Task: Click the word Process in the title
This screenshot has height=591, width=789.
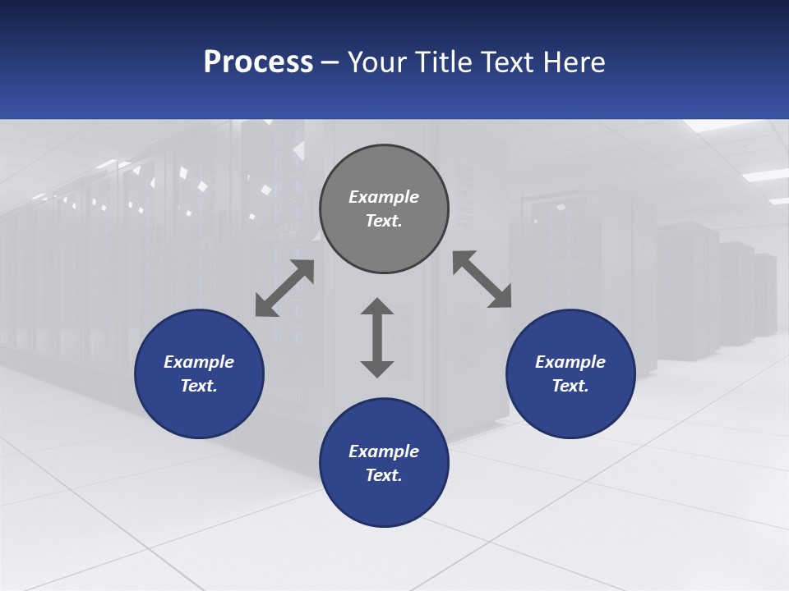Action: click(x=258, y=62)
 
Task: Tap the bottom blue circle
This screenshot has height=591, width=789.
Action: click(x=384, y=501)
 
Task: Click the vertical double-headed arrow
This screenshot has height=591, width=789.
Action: click(x=377, y=337)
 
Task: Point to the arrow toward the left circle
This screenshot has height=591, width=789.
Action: click(x=284, y=288)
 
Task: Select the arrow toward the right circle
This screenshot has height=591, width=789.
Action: click(x=482, y=279)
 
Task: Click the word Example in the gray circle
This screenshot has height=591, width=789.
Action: click(x=384, y=197)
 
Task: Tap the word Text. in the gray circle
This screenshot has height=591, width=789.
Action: click(x=384, y=221)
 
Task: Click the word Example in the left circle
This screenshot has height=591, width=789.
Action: click(x=199, y=362)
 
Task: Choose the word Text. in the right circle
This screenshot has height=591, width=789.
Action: click(x=570, y=386)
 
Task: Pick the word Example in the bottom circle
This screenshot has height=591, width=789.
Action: click(x=384, y=451)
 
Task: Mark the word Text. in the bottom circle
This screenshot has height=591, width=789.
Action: click(x=384, y=475)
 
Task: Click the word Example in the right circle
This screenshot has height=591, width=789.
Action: click(x=570, y=362)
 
